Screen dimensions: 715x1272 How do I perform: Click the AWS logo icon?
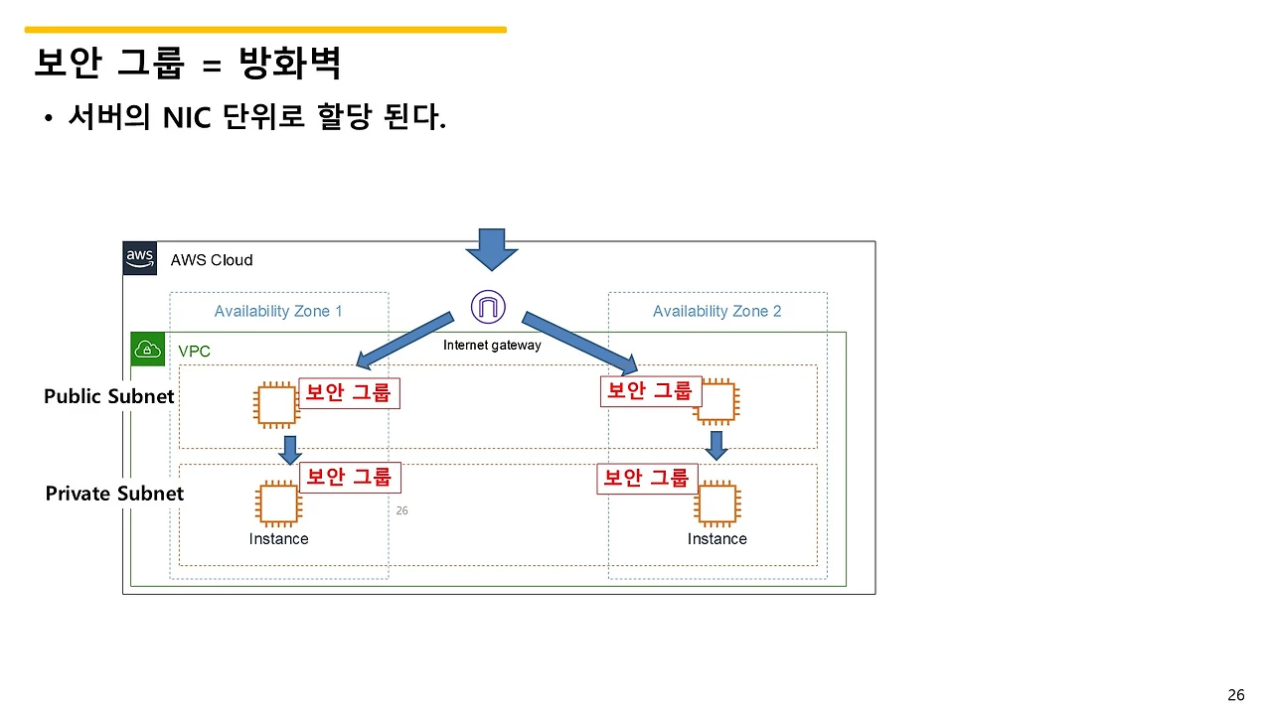click(140, 258)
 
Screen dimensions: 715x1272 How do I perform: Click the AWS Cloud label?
click(212, 260)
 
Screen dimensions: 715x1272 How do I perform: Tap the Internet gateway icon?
click(488, 307)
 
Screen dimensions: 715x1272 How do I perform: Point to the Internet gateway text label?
click(492, 346)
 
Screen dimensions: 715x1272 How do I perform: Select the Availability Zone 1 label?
click(278, 312)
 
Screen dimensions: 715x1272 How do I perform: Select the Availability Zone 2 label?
click(716, 312)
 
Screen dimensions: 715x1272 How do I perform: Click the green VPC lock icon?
click(148, 350)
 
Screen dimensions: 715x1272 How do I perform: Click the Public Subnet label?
click(108, 396)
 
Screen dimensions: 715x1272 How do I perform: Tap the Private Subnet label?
click(114, 494)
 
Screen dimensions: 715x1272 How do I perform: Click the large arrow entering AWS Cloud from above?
click(492, 249)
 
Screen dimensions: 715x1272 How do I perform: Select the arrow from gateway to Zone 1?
click(404, 340)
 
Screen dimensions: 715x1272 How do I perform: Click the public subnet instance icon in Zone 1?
click(276, 405)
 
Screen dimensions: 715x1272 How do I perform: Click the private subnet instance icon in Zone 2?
click(716, 503)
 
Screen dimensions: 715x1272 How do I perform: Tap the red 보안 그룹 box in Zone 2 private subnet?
click(647, 479)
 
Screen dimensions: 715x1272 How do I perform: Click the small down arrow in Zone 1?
click(289, 450)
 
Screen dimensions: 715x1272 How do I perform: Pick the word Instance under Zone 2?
click(716, 539)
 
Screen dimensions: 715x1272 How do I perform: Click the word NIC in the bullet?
click(189, 118)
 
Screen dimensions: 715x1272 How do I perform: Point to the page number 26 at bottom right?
click(1236, 695)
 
